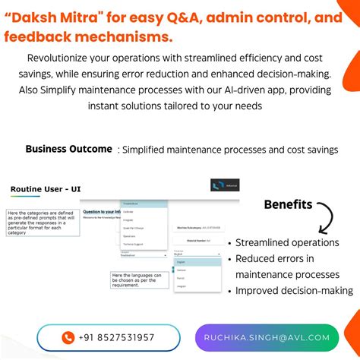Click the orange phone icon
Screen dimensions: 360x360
point(68,337)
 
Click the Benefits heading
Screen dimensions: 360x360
point(287,204)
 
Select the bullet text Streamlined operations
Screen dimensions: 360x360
point(287,242)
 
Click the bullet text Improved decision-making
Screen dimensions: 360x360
point(293,290)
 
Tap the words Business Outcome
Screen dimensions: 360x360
point(68,149)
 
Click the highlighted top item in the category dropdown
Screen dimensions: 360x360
point(142,204)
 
